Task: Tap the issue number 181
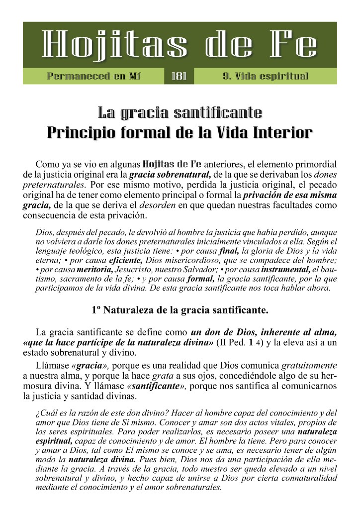pos(179,76)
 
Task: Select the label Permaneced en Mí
pos(94,76)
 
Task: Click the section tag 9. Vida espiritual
pos(266,76)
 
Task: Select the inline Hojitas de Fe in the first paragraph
pos(172,163)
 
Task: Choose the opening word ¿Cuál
pos(45,412)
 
